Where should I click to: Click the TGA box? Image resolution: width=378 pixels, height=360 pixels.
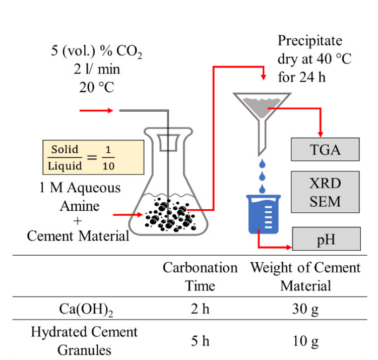(325, 150)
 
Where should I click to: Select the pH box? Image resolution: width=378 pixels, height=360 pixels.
(327, 238)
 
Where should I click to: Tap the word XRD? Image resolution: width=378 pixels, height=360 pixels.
(325, 183)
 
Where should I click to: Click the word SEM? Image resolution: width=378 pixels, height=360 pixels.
(325, 202)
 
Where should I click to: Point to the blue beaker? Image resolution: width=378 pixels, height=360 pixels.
(264, 215)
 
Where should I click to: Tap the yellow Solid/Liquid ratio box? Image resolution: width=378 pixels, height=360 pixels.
(93, 157)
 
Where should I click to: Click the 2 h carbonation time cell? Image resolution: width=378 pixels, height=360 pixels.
(200, 309)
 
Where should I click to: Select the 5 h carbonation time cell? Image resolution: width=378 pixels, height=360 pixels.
(200, 341)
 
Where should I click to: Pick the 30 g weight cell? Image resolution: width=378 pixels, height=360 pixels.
(305, 309)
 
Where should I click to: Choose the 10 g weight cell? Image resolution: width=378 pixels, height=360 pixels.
(305, 341)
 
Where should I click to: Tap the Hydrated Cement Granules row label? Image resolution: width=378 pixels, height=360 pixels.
(84, 341)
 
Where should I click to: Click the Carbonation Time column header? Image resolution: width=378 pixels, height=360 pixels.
(200, 277)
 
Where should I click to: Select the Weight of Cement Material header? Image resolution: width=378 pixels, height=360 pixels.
(305, 277)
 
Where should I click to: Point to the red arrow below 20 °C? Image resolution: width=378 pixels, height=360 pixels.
(96, 110)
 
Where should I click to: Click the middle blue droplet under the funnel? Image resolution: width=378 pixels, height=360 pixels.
(262, 176)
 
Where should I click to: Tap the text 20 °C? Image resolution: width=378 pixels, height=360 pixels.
(97, 87)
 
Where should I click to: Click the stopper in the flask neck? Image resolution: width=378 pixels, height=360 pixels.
(168, 143)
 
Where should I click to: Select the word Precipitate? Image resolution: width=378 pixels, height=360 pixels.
(310, 41)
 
